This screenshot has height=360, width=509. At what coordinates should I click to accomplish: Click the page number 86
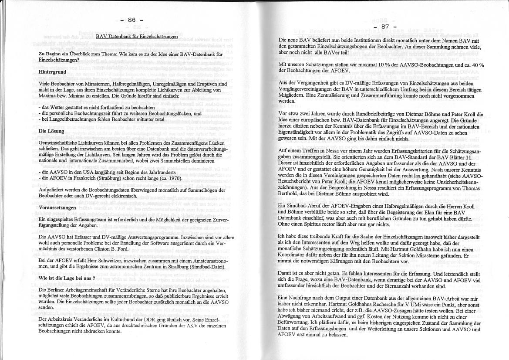tap(132, 20)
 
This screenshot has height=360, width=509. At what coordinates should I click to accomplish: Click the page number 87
tap(385, 26)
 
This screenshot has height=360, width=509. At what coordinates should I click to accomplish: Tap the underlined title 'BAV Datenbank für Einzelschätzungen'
tap(137, 37)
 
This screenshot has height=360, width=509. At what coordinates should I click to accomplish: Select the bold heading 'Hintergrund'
tap(52, 71)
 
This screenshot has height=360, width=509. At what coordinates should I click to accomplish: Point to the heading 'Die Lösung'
tap(51, 131)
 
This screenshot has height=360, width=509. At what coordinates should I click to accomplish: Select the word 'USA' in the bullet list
tap(77, 172)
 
